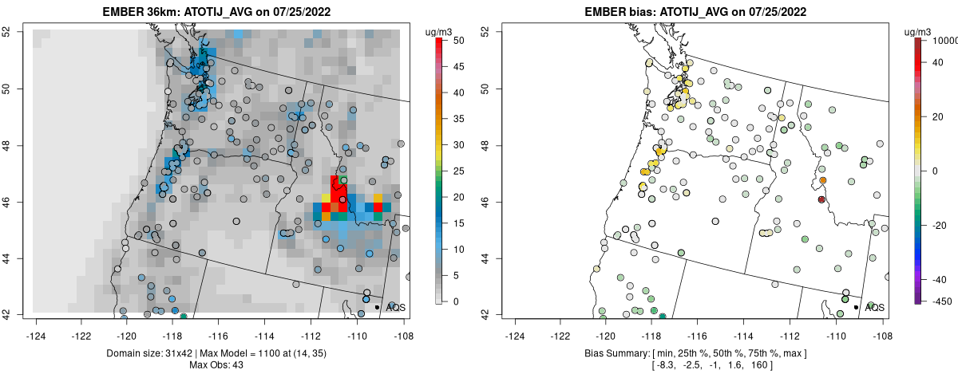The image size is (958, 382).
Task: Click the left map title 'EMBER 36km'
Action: [x=137, y=12]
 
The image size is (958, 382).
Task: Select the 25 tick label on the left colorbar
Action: [x=459, y=171]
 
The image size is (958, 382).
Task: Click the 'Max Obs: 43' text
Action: [x=216, y=365]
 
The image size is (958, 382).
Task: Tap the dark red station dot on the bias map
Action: [x=821, y=199]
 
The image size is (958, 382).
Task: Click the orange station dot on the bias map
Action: [x=823, y=180]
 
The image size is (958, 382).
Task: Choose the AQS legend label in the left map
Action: [x=396, y=307]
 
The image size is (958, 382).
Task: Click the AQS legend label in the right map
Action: [x=875, y=307]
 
